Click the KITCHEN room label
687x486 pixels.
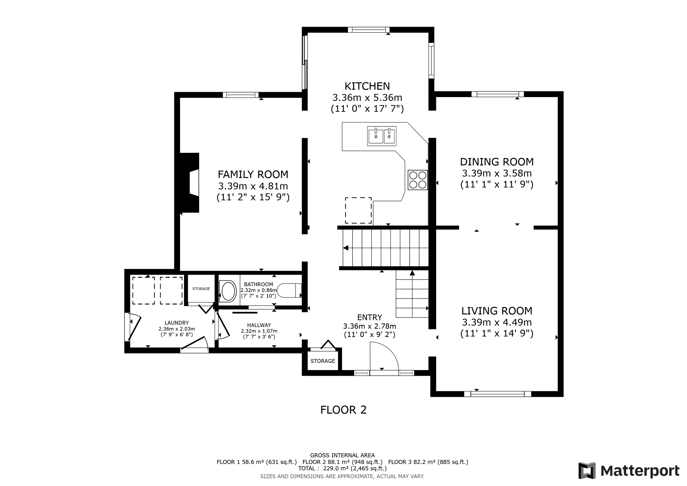tap(367, 86)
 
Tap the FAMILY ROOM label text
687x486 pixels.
tap(253, 175)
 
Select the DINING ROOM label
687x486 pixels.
tap(497, 162)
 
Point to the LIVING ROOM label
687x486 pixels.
tap(497, 311)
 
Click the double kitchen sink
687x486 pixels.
tap(382, 136)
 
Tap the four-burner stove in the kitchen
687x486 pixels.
tap(418, 180)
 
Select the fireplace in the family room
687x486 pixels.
tap(189, 183)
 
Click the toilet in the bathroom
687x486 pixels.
tap(289, 290)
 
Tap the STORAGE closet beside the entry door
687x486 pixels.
tap(323, 361)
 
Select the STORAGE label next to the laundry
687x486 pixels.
tap(201, 289)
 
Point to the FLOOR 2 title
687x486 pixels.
tap(343, 410)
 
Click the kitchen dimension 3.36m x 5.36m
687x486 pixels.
tap(367, 98)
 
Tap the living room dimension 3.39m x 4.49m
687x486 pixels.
tap(497, 322)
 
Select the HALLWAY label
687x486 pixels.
tap(259, 325)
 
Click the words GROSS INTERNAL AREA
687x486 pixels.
tap(342, 455)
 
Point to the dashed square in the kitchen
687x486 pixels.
tap(358, 210)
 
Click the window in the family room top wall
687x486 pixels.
tap(240, 95)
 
